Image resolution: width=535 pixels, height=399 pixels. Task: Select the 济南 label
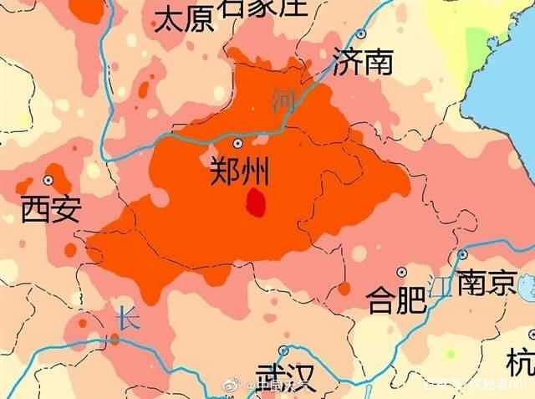362,62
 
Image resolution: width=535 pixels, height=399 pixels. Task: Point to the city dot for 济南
361,34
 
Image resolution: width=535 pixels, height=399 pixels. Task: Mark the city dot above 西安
48,180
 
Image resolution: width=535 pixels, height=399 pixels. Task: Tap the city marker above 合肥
402,272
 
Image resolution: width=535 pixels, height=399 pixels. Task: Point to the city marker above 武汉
283,350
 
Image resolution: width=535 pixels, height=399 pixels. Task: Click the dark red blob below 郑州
256,202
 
